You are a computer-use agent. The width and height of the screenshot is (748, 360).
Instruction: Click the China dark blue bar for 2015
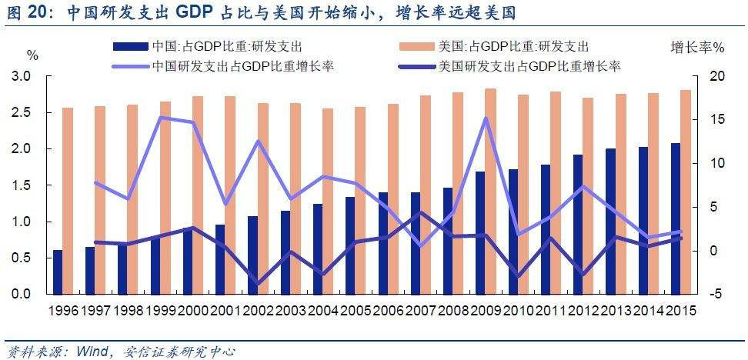pyautogui.click(x=675, y=218)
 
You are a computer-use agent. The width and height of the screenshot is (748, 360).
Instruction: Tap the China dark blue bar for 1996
pyautogui.click(x=57, y=272)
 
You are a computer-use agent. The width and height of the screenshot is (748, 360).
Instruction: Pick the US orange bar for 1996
pyautogui.click(x=68, y=201)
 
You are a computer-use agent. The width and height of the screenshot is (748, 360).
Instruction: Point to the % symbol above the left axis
pyautogui.click(x=32, y=55)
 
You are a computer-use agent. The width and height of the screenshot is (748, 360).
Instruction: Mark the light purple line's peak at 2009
pyautogui.click(x=486, y=118)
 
